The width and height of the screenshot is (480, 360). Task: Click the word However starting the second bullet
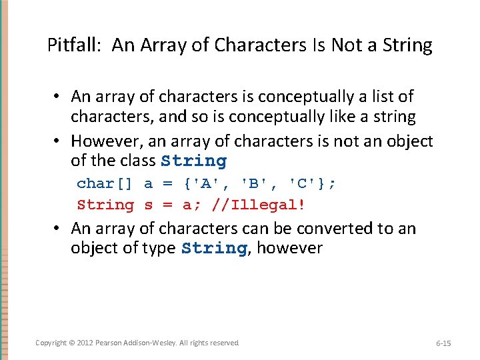(x=103, y=141)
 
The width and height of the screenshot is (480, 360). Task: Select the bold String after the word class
(x=193, y=161)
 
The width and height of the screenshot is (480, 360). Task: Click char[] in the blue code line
(x=105, y=183)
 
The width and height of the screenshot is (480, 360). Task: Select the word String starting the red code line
(x=105, y=205)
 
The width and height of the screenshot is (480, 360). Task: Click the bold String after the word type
(x=214, y=249)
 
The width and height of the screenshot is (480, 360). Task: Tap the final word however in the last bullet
(x=289, y=249)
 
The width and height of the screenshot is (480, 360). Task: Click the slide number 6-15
(x=443, y=343)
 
